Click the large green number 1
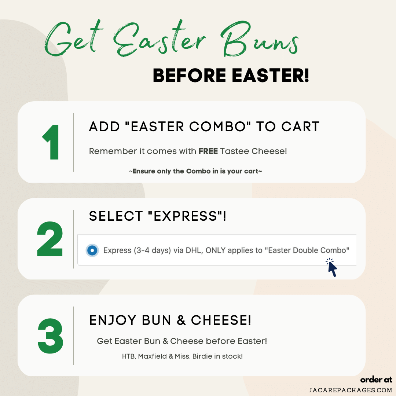click(52, 142)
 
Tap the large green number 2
click(50, 239)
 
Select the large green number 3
click(50, 335)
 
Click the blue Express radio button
click(92, 250)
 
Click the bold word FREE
click(208, 151)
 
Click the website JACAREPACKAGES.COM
click(351, 390)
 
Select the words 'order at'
click(376, 380)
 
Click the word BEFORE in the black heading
click(190, 76)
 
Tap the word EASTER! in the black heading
click(271, 76)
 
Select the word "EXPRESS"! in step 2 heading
click(187, 216)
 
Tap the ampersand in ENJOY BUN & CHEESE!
click(181, 320)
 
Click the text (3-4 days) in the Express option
click(152, 250)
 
